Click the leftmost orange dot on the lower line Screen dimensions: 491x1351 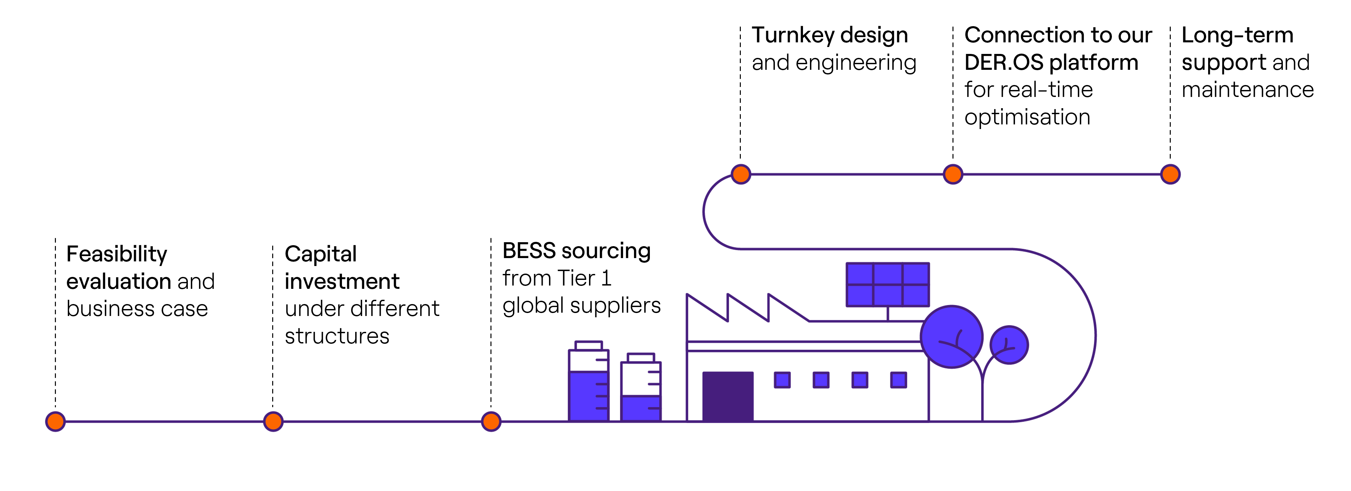(x=55, y=421)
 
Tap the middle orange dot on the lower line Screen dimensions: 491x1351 (x=273, y=421)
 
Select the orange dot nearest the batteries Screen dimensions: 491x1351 (x=491, y=421)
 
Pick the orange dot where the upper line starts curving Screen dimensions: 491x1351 (x=740, y=174)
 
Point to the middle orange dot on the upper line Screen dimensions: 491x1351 (x=953, y=174)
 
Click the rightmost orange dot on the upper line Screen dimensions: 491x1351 (x=1170, y=174)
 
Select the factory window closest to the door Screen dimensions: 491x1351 (x=782, y=380)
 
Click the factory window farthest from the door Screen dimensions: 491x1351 (x=898, y=380)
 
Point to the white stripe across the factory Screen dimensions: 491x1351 (x=802, y=346)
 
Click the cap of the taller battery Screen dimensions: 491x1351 (x=588, y=345)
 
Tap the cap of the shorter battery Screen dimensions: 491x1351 (x=640, y=357)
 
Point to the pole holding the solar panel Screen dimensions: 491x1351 (x=887, y=314)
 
